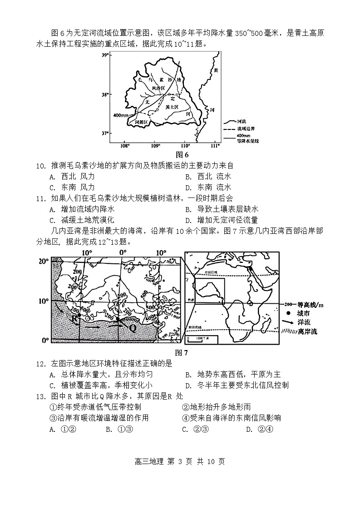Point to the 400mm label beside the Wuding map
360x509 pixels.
120,115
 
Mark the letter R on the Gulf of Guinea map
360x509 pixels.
74,318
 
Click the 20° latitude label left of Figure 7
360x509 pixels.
43,261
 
